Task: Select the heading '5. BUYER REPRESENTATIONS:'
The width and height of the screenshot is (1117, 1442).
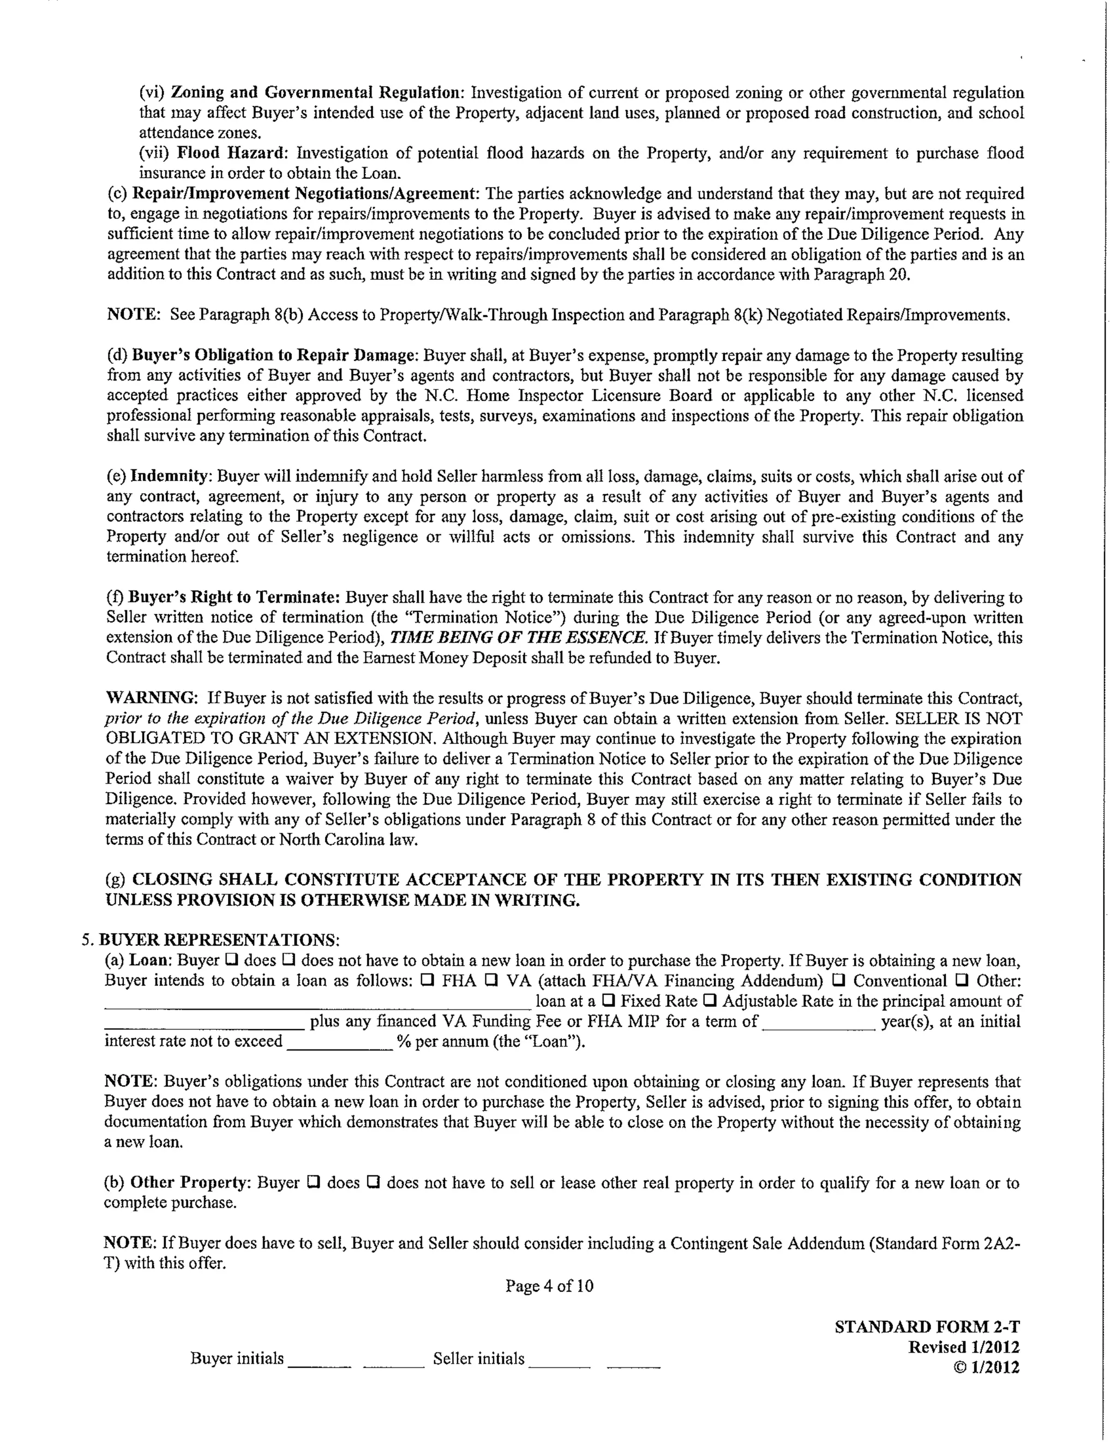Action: point(210,940)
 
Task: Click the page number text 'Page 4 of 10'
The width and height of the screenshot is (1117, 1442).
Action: point(549,1285)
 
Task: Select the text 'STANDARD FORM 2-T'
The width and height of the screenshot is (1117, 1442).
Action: point(927,1327)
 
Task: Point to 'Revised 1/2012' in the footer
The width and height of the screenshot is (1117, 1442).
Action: point(963,1347)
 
